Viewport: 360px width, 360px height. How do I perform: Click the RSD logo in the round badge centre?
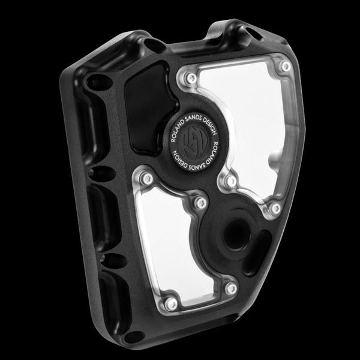click(193, 142)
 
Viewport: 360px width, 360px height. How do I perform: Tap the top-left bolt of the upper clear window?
click(191, 78)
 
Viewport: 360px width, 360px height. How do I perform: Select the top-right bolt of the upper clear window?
click(286, 67)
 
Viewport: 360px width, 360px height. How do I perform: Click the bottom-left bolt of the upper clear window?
click(232, 181)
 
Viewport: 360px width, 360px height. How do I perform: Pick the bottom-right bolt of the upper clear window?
click(275, 208)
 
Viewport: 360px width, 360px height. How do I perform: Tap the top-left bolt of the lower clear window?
click(146, 179)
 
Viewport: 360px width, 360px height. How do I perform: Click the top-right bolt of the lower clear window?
click(201, 203)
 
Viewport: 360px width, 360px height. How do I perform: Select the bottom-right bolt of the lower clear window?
click(231, 289)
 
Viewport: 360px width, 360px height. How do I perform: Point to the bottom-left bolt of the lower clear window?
click(171, 304)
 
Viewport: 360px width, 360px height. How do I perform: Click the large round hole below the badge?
click(236, 234)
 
